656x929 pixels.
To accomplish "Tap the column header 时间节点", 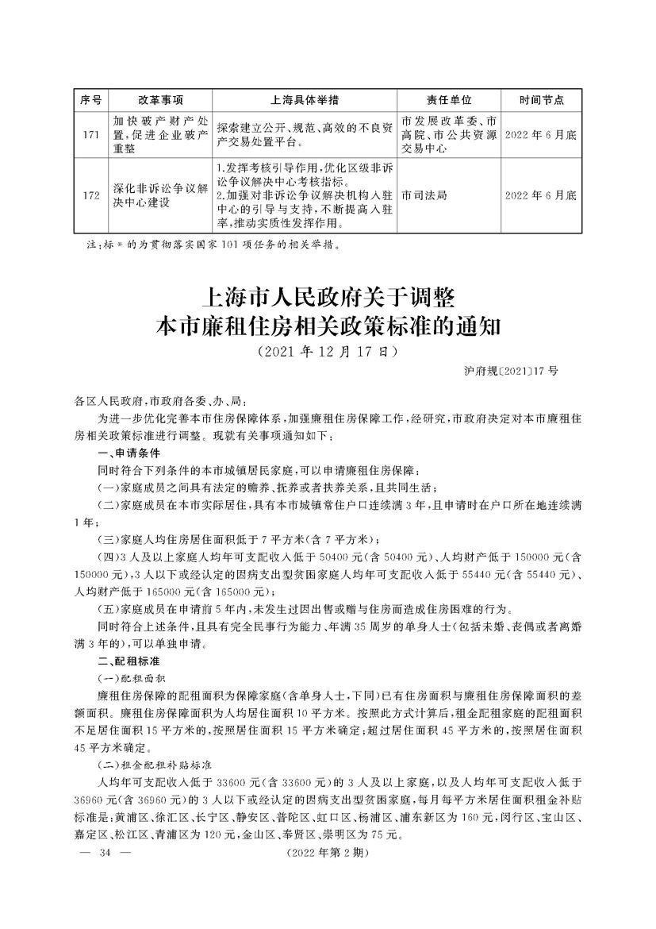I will pyautogui.click(x=542, y=100).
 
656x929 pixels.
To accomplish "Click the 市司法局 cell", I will pyautogui.click(x=424, y=195).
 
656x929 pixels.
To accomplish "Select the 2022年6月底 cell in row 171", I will pyautogui.click(x=542, y=135).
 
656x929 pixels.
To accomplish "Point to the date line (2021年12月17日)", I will pyautogui.click(x=328, y=349).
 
